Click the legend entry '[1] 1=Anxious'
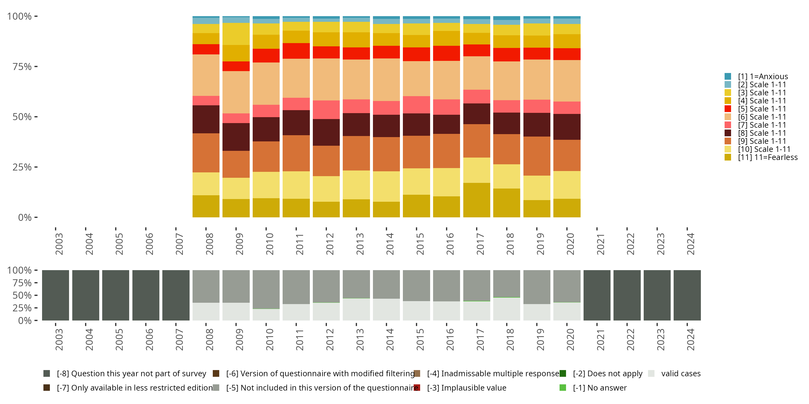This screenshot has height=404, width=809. click(x=763, y=76)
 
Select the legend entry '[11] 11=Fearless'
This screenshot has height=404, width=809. click(x=767, y=158)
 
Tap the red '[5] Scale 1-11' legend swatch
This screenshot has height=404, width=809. click(x=728, y=109)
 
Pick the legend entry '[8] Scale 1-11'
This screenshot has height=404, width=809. click(x=762, y=133)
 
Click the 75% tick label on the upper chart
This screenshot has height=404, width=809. click(x=22, y=67)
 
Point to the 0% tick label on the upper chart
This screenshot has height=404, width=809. click(x=25, y=217)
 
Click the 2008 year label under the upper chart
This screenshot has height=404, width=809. click(x=209, y=244)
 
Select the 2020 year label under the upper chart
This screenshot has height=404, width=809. click(x=570, y=244)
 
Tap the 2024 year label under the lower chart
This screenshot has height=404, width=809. click(x=690, y=340)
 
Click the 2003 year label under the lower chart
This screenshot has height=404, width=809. click(x=59, y=340)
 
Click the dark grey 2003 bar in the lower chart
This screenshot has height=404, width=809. click(x=56, y=295)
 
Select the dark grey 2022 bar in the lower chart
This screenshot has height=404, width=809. click(x=627, y=295)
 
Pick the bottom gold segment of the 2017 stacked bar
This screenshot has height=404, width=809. click(x=477, y=200)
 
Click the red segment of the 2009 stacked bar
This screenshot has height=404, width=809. click(x=236, y=66)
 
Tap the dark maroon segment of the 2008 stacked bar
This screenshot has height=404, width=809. click(x=206, y=119)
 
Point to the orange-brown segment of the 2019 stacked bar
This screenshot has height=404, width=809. click(x=537, y=156)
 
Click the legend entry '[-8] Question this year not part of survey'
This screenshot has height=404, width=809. click(x=131, y=374)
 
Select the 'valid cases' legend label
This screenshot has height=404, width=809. click(x=681, y=374)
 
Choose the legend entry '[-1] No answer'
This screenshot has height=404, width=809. click(x=599, y=388)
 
